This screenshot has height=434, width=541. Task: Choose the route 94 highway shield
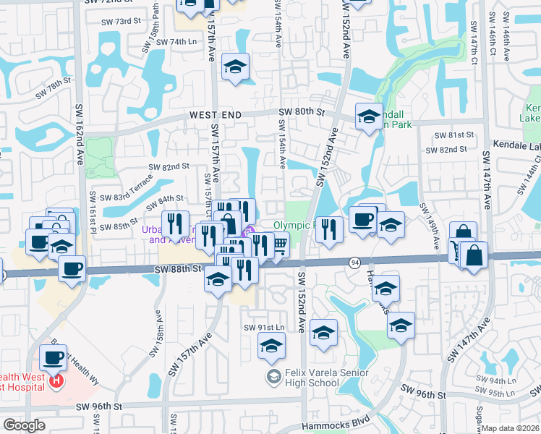[355, 262]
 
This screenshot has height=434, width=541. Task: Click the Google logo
[25, 425]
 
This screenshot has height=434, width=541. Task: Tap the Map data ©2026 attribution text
[511, 428]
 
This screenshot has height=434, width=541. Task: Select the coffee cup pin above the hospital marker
[54, 357]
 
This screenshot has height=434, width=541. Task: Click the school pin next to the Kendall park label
[368, 116]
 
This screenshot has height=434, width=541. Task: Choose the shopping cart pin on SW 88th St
[278, 247]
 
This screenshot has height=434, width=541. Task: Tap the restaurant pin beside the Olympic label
[329, 229]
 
